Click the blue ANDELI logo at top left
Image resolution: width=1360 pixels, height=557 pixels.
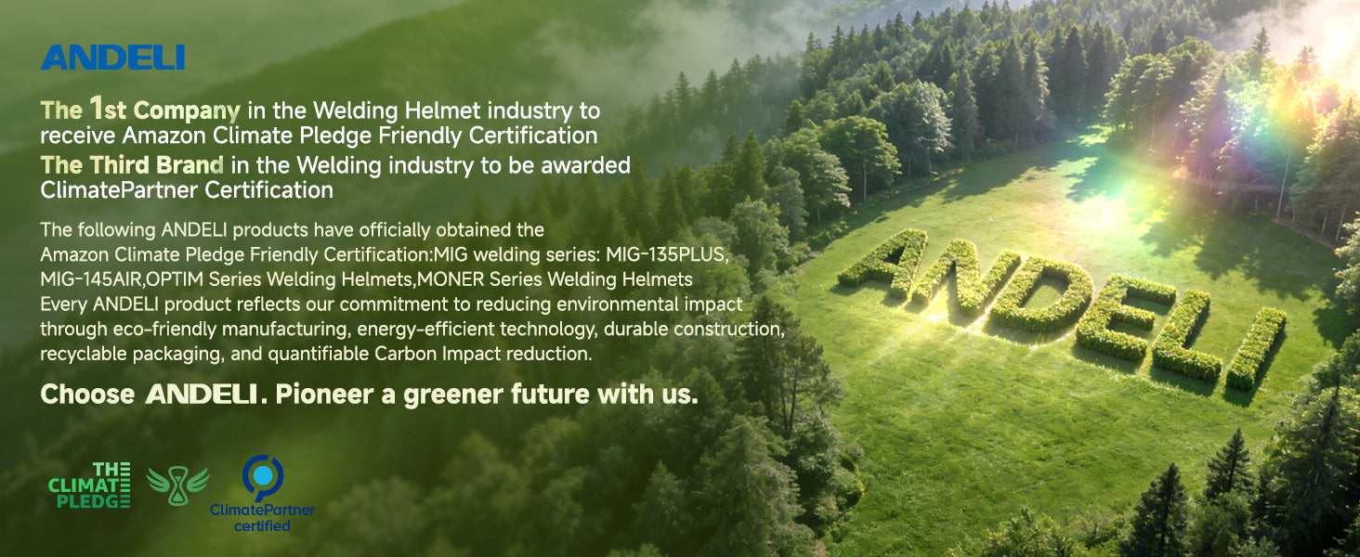[113, 58]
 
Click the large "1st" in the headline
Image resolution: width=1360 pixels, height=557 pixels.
[108, 109]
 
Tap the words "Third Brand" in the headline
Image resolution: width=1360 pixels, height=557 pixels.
[157, 165]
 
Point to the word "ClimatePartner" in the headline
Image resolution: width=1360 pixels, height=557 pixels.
[119, 190]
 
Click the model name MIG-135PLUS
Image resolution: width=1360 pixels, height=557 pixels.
[667, 254]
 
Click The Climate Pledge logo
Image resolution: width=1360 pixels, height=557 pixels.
[89, 485]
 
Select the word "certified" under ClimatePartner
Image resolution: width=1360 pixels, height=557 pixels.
[262, 525]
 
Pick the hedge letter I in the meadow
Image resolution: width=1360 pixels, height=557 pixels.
[1255, 348]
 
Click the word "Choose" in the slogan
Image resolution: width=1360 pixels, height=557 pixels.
[87, 395]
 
